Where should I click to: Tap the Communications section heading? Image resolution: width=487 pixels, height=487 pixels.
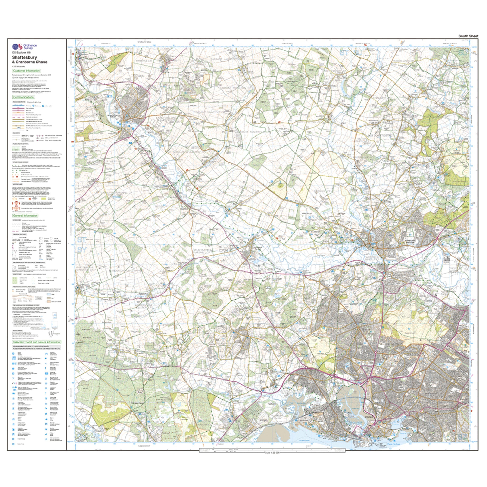point(23,97)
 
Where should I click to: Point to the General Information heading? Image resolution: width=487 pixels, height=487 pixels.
point(25,216)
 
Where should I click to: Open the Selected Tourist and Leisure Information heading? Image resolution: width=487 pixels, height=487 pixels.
point(37,342)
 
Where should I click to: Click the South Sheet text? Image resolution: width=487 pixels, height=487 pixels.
point(468,36)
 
